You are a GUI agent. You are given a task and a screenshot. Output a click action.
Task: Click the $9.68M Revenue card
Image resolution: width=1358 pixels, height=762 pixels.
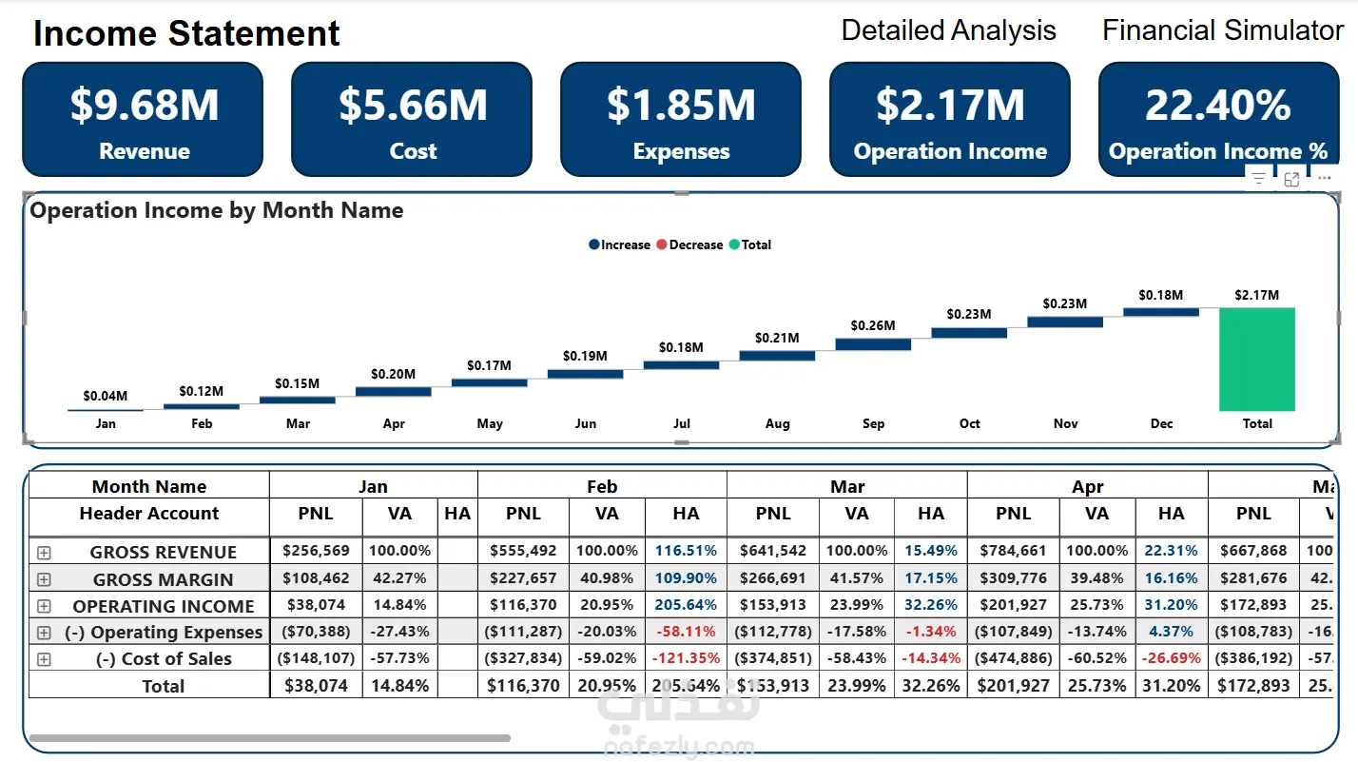pyautogui.click(x=143, y=120)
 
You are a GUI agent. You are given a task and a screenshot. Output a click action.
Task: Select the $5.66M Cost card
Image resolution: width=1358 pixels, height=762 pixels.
pyautogui.click(x=412, y=120)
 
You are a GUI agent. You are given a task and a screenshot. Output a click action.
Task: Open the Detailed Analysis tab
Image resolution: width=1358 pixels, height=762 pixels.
pyautogui.click(x=948, y=30)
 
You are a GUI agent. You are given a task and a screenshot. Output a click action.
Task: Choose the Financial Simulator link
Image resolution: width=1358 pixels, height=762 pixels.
pyautogui.click(x=1222, y=30)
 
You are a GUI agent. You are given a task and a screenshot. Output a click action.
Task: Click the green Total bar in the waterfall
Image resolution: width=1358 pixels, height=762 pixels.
pyautogui.click(x=1256, y=359)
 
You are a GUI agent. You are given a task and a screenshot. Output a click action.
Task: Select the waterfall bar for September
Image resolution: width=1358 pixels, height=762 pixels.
pyautogui.click(x=873, y=344)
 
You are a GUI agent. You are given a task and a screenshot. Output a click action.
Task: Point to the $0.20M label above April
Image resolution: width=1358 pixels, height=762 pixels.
pyautogui.click(x=393, y=374)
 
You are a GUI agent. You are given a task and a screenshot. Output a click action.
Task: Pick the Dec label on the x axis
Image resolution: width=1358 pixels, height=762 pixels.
pyautogui.click(x=1161, y=423)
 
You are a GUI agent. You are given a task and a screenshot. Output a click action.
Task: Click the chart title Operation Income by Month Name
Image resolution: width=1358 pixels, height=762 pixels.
pyautogui.click(x=217, y=211)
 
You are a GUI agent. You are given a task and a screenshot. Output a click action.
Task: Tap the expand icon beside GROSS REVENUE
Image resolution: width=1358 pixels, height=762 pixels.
pyautogui.click(x=44, y=552)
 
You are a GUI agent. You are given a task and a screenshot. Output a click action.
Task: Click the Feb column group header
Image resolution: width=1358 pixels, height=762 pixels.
pyautogui.click(x=602, y=486)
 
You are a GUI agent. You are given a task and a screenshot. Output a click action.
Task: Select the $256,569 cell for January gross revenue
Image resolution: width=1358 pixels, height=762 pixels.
pyautogui.click(x=316, y=551)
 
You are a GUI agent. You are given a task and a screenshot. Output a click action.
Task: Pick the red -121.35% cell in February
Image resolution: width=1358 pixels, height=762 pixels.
pyautogui.click(x=686, y=657)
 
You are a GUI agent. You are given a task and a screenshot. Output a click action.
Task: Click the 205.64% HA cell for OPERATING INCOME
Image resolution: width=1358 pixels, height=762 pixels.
pyautogui.click(x=686, y=604)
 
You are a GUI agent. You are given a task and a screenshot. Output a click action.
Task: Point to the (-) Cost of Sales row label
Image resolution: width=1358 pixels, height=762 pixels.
pyautogui.click(x=164, y=658)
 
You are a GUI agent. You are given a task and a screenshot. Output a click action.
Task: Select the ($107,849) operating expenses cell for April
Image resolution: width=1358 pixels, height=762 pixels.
pyautogui.click(x=1013, y=631)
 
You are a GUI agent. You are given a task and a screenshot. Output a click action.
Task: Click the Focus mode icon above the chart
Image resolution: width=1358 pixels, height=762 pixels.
pyautogui.click(x=1291, y=179)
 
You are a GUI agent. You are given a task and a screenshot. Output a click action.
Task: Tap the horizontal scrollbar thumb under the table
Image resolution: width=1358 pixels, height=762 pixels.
pyautogui.click(x=269, y=737)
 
